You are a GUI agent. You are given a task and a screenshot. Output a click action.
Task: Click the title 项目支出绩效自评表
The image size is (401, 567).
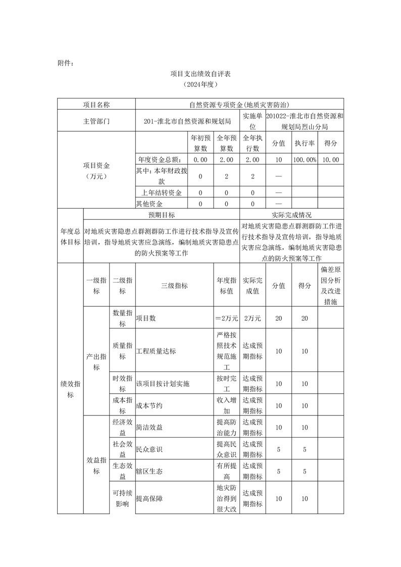[201, 74]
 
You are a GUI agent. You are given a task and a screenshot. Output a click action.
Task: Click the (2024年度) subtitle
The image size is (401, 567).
[201, 85]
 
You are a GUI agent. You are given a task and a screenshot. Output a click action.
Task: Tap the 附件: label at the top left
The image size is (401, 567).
[66, 63]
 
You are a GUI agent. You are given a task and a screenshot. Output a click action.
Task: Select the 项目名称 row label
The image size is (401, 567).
[96, 105]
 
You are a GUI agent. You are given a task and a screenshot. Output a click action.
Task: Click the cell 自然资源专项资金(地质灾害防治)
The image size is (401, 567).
[239, 105]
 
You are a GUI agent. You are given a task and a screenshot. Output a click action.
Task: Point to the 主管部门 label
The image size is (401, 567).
[96, 121]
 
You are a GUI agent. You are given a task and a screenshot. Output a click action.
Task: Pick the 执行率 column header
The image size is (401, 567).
[305, 143]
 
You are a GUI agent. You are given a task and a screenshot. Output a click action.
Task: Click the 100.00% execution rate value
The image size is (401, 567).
[305, 160]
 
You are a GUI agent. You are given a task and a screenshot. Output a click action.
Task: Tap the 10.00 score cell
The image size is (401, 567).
[331, 160]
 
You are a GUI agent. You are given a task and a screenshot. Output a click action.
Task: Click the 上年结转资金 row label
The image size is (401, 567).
[162, 193]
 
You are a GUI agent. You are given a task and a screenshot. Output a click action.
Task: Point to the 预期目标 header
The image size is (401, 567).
[161, 215]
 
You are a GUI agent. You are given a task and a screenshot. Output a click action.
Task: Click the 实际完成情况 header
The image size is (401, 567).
[291, 215]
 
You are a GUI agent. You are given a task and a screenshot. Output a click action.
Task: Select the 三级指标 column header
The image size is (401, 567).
[174, 286]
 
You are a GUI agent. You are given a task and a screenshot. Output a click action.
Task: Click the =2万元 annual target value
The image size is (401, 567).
[226, 318]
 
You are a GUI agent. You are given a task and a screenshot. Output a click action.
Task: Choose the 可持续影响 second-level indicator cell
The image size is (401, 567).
[122, 498]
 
